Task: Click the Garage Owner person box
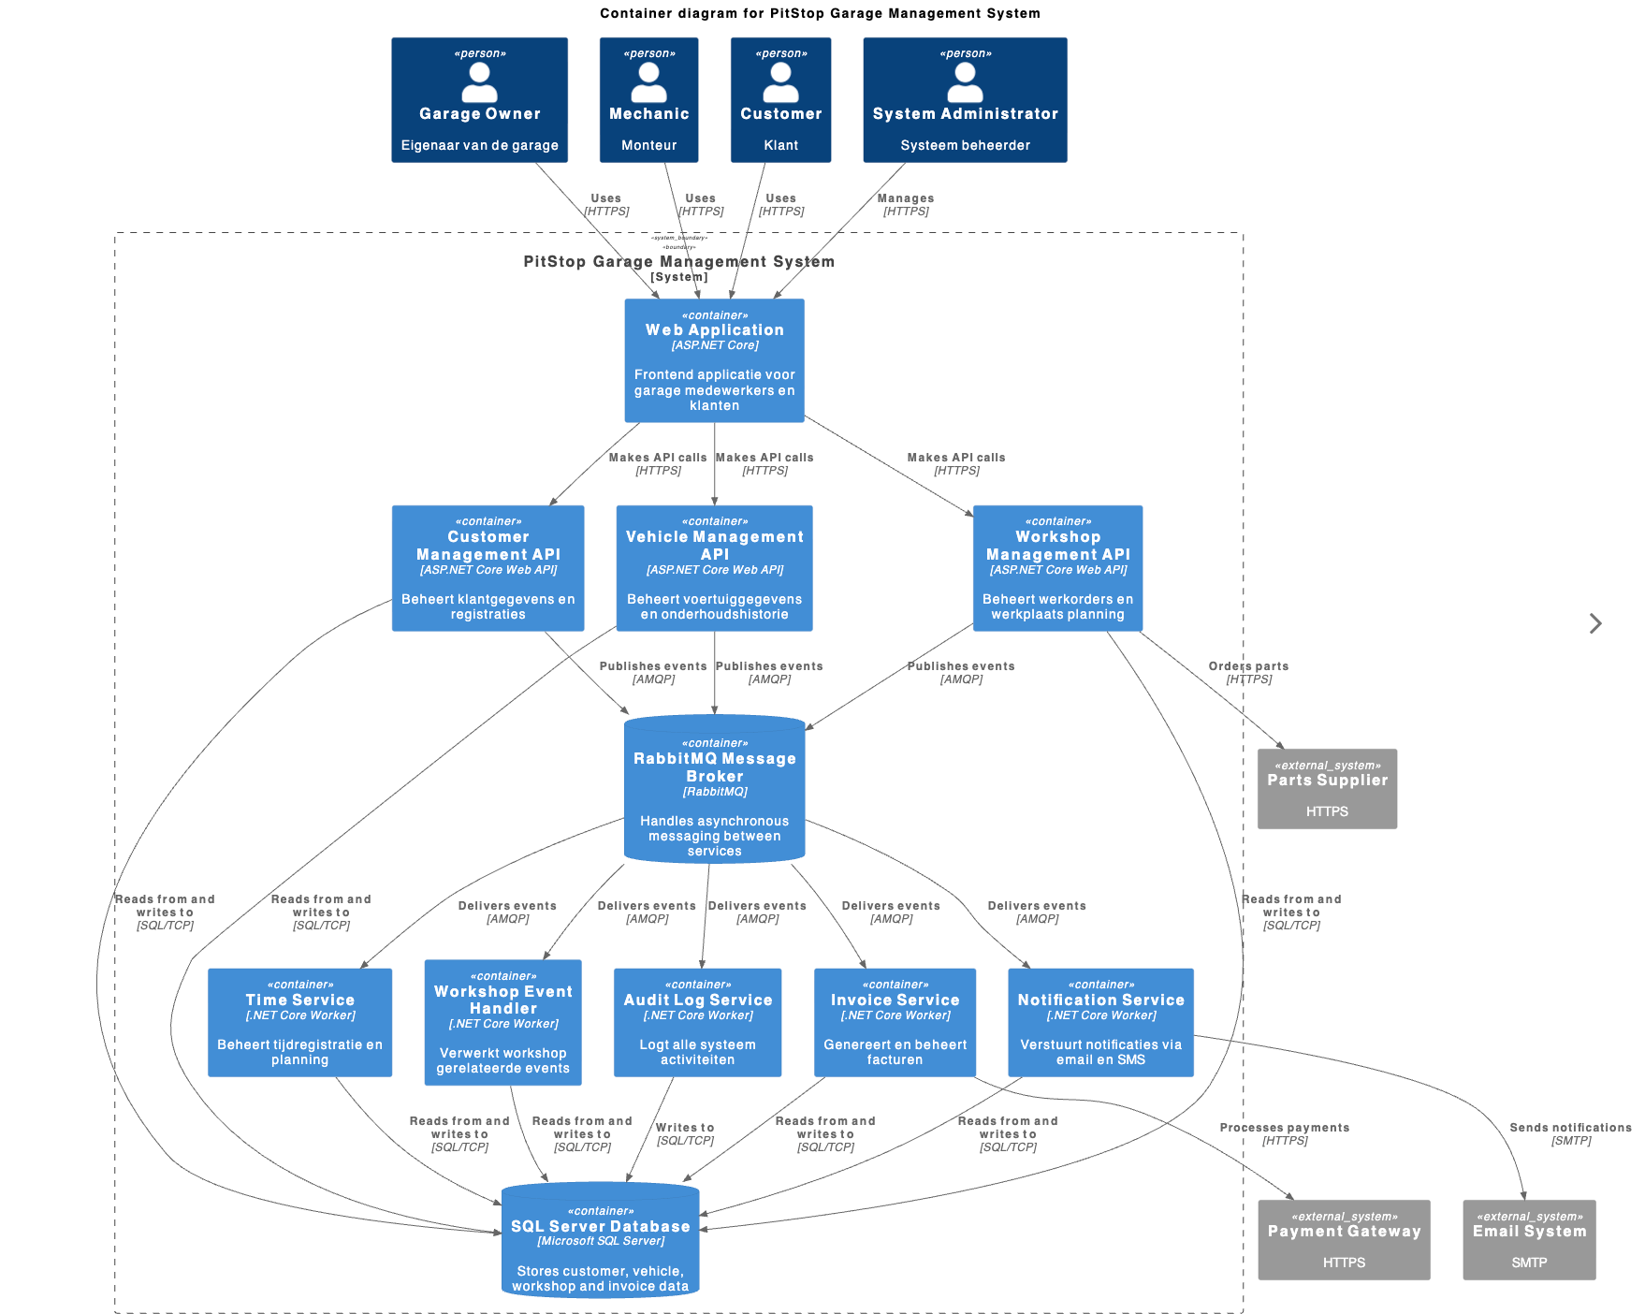point(479,100)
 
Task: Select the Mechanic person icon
point(648,82)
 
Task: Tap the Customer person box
point(780,100)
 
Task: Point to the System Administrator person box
point(965,100)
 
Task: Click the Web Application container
point(714,360)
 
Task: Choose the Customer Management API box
point(488,568)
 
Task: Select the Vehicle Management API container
point(714,568)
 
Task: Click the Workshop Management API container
point(1057,568)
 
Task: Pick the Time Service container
point(299,1022)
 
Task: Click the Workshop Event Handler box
point(502,1022)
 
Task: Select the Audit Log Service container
point(697,1022)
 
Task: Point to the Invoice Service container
point(895,1022)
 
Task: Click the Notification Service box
point(1100,1022)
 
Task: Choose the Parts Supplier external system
point(1327,788)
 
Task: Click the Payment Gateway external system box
point(1344,1239)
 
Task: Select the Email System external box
point(1529,1239)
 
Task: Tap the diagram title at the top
point(820,13)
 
